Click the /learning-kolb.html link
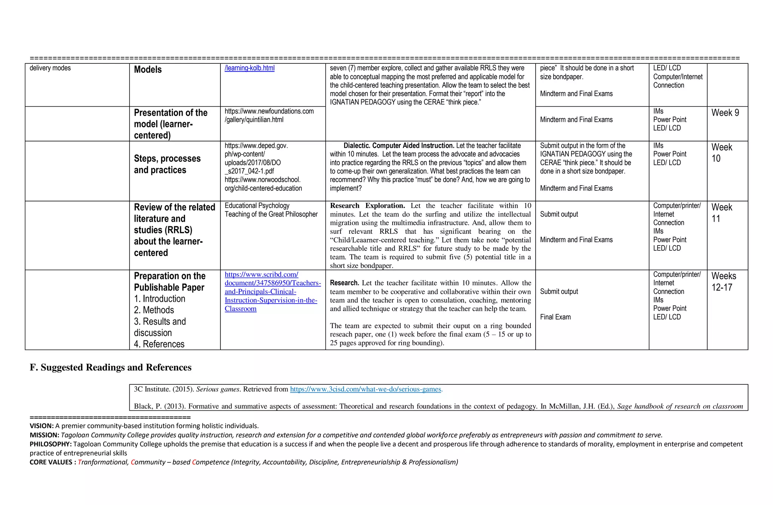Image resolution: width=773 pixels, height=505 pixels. (249, 68)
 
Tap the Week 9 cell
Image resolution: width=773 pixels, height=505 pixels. (725, 113)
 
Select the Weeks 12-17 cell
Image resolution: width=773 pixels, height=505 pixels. (724, 282)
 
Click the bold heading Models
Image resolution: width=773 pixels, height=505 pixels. (148, 70)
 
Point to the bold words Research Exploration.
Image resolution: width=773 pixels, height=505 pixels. (367, 206)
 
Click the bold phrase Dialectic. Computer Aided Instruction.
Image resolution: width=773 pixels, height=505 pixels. (399, 146)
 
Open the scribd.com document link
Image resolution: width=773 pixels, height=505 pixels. (272, 292)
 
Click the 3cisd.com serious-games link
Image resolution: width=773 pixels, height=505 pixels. (365, 389)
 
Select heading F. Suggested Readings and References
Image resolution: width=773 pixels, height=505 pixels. (111, 367)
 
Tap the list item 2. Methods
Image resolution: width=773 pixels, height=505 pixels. (154, 310)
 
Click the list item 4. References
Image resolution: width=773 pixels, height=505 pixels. (159, 344)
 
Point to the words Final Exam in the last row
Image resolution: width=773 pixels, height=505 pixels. (555, 317)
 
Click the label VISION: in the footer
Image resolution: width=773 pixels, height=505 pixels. (42, 426)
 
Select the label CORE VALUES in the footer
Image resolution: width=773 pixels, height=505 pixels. (51, 462)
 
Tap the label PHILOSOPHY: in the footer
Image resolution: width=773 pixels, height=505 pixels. (51, 444)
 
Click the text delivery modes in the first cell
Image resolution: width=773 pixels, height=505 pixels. (50, 68)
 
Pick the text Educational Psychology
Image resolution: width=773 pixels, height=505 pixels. (257, 206)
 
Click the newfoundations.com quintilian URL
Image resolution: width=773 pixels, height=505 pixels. (269, 115)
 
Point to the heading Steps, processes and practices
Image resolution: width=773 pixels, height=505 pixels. (167, 164)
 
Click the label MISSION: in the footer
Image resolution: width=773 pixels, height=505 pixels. (44, 435)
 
